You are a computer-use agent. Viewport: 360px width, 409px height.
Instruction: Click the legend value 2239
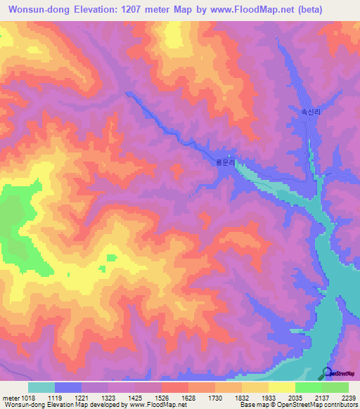[349, 398]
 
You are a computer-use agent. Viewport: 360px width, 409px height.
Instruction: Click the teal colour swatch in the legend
[41, 387]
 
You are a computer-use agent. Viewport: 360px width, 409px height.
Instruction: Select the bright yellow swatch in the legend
[281, 387]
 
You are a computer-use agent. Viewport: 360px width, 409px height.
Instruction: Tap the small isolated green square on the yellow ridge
[110, 258]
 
